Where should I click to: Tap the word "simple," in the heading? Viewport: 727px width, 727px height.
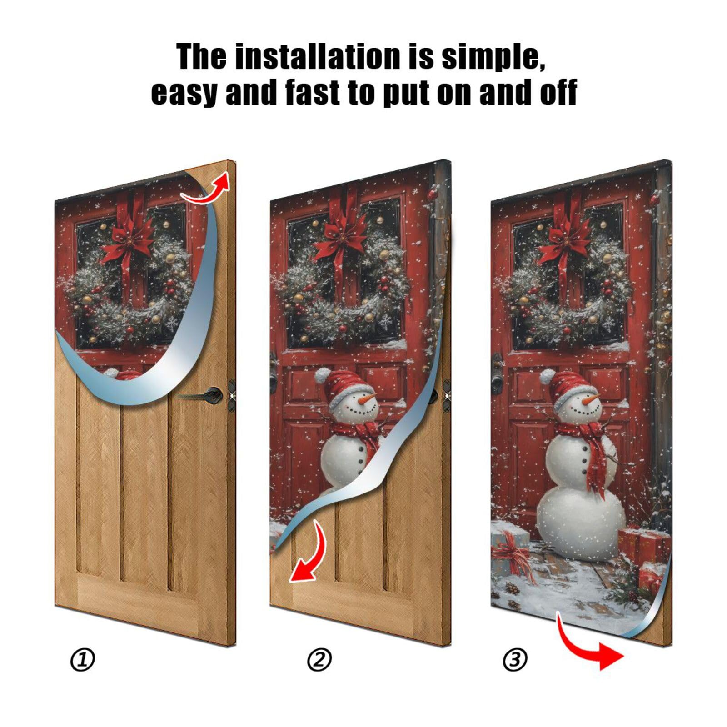click(493, 57)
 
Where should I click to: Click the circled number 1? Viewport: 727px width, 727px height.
click(83, 660)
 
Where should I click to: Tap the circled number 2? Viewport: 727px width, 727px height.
click(319, 660)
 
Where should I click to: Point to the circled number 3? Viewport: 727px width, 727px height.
click(515, 660)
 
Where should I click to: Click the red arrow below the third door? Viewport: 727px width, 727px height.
click(591, 645)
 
